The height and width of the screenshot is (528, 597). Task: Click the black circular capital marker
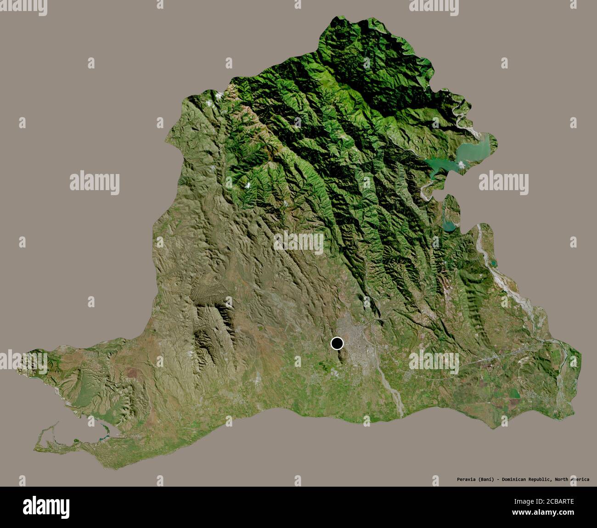337,343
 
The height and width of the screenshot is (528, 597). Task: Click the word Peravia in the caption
460,479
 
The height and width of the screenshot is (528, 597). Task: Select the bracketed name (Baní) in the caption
485,479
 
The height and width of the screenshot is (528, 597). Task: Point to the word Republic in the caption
541,479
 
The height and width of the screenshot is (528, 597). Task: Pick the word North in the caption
562,479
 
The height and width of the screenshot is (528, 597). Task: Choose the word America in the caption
580,479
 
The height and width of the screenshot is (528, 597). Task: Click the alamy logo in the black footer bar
46,507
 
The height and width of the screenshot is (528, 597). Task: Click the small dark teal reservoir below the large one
449,225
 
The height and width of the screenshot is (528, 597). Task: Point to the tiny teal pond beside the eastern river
494,264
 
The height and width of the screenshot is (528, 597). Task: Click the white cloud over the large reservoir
462,163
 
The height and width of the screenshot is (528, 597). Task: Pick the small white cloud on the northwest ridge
220,95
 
